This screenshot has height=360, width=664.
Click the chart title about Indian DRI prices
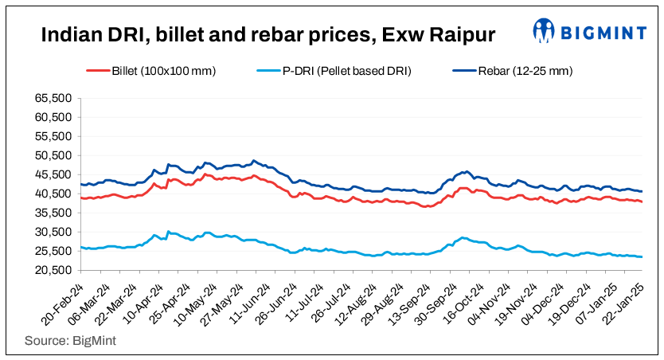pyautogui.click(x=267, y=34)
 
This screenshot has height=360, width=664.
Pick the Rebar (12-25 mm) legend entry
pyautogui.click(x=525, y=71)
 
